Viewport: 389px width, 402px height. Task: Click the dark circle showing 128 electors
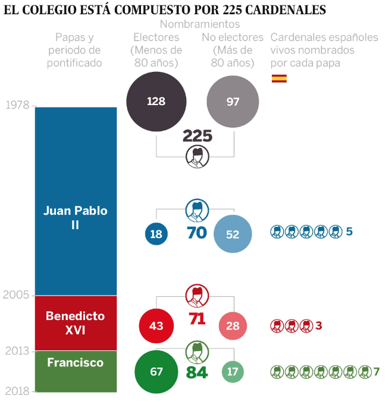click(x=156, y=101)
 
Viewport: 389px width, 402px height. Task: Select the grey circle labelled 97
click(x=233, y=102)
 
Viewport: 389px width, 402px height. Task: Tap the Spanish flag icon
click(x=279, y=78)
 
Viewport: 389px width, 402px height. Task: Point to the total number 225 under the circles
click(x=197, y=136)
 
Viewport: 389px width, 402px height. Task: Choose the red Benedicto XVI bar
click(x=76, y=322)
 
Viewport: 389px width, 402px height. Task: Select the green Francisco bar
click(x=76, y=371)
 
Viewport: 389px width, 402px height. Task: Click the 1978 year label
click(x=17, y=106)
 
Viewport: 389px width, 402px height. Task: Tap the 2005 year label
click(x=17, y=295)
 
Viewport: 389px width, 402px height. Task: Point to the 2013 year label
click(x=17, y=351)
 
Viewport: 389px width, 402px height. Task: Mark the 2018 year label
click(x=17, y=391)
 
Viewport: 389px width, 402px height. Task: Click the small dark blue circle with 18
click(x=156, y=234)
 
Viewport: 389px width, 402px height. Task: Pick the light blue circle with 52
click(x=233, y=234)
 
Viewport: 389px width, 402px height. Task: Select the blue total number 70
click(x=196, y=233)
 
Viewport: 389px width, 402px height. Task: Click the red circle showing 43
click(x=156, y=326)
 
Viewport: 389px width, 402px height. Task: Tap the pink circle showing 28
click(x=233, y=326)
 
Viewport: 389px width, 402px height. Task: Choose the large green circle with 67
click(x=156, y=372)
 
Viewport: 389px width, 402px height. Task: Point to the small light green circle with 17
click(x=233, y=372)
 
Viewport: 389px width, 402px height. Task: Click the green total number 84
click(x=196, y=373)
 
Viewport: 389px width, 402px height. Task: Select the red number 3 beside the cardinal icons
click(x=319, y=325)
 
